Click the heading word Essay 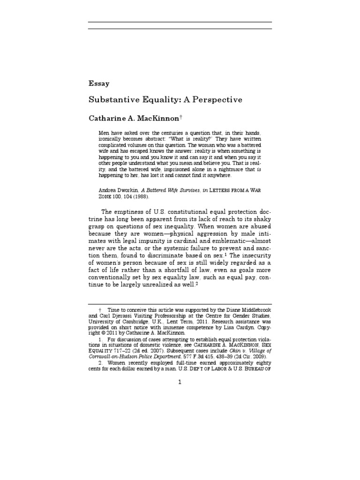point(99,84)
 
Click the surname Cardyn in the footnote point(238,329)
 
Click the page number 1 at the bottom point(180,395)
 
